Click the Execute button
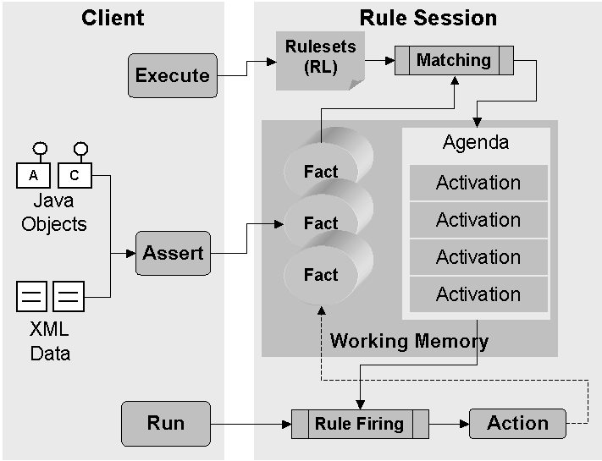pyautogui.click(x=173, y=75)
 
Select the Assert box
pyautogui.click(x=173, y=252)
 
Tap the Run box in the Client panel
pyautogui.click(x=166, y=423)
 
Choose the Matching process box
pyautogui.click(x=454, y=60)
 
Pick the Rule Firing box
pyautogui.click(x=359, y=423)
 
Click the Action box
pyautogui.click(x=517, y=423)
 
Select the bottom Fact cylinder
pyautogui.click(x=321, y=275)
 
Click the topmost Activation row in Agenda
pyautogui.click(x=478, y=183)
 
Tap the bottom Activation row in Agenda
pyautogui.click(x=478, y=294)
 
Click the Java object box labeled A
pyautogui.click(x=33, y=176)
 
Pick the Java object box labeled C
pyautogui.click(x=75, y=176)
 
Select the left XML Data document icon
pyautogui.click(x=32, y=297)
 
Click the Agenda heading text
pyautogui.click(x=476, y=142)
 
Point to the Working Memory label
pyautogui.click(x=409, y=341)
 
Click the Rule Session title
pyautogui.click(x=428, y=18)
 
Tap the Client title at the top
pyautogui.click(x=113, y=18)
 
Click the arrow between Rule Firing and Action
pyautogui.click(x=449, y=423)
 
